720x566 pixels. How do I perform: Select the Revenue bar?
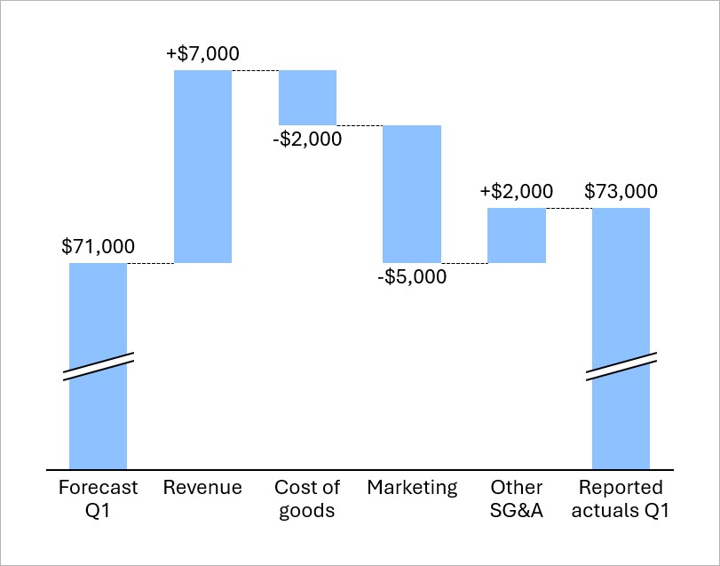tap(202, 166)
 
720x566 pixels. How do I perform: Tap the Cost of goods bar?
tap(307, 97)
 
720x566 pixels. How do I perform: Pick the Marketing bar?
tap(412, 194)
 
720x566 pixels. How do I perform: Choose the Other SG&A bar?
tap(516, 235)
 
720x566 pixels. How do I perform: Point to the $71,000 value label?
tap(99, 247)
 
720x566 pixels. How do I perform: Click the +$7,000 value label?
tap(202, 53)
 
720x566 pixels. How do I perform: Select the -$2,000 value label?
tap(307, 140)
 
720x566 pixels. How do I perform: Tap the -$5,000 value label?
tap(412, 277)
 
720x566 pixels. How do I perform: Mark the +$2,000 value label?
tap(516, 192)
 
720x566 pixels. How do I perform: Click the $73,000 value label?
tap(621, 192)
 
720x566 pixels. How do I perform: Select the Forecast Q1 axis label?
tap(98, 498)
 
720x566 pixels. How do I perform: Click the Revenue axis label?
tap(202, 488)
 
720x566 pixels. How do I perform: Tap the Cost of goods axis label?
tap(307, 498)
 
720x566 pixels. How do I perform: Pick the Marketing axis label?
tap(412, 488)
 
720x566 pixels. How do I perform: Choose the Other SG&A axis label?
tap(516, 498)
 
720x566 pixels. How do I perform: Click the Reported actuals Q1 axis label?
tap(621, 498)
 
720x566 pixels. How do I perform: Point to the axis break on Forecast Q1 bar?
tap(98, 367)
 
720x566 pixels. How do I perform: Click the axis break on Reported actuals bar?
tap(621, 367)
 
